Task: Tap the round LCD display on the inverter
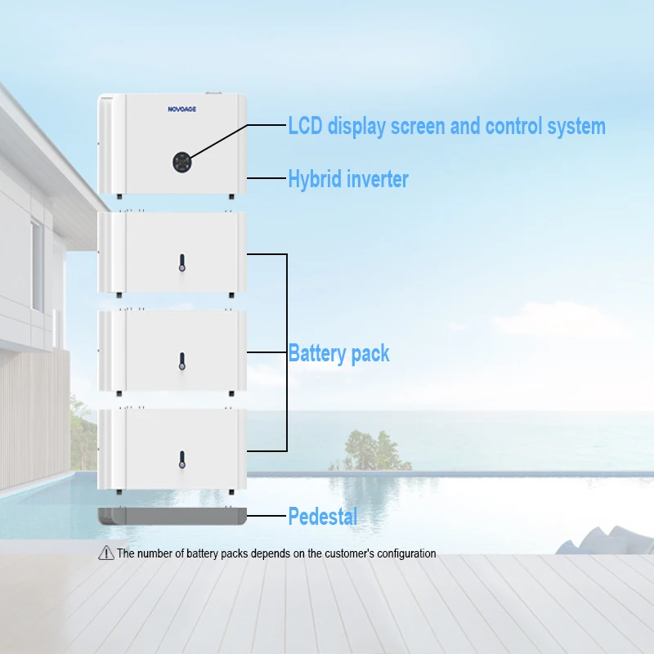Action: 183,162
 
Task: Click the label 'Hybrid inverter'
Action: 347,179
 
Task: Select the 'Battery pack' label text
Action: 338,354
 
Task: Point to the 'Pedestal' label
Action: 322,517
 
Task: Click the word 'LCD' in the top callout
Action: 307,127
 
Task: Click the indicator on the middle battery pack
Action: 181,360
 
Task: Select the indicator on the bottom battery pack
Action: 181,459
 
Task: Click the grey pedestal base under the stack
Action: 172,516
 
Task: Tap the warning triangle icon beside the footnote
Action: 105,553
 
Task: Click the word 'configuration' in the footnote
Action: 405,553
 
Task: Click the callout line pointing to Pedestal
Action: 267,516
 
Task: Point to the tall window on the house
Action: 38,266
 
